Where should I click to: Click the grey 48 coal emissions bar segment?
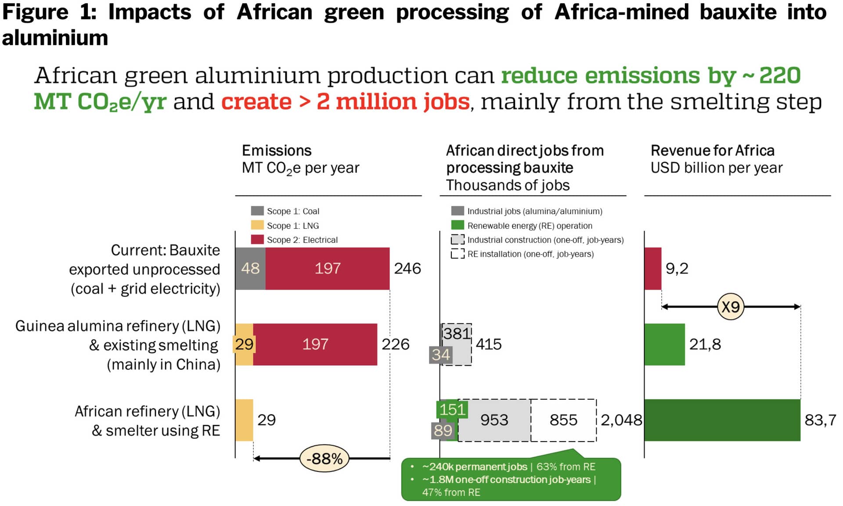[x=250, y=268]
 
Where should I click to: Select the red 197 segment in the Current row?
[x=327, y=268]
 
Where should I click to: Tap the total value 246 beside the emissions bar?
[x=407, y=268]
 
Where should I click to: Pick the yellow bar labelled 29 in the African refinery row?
[x=244, y=420]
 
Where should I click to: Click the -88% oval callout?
[x=324, y=459]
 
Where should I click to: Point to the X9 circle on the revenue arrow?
[x=730, y=306]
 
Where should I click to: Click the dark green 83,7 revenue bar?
[x=722, y=420]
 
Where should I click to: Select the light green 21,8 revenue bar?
[x=664, y=344]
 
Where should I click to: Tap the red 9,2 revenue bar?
[x=652, y=268]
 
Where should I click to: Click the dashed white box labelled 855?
[x=563, y=420]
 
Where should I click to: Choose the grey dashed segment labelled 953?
[x=494, y=420]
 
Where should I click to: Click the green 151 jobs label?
[x=452, y=409]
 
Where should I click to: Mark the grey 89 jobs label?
[x=443, y=431]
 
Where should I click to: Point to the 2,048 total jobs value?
[x=621, y=420]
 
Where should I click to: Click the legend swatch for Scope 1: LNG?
[x=257, y=225]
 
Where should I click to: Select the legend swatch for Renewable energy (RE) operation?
[x=458, y=225]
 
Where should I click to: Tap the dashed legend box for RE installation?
[x=458, y=254]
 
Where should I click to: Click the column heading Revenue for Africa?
[x=712, y=151]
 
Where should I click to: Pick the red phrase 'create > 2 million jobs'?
[x=345, y=102]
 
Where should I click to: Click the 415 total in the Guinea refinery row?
[x=488, y=344]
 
